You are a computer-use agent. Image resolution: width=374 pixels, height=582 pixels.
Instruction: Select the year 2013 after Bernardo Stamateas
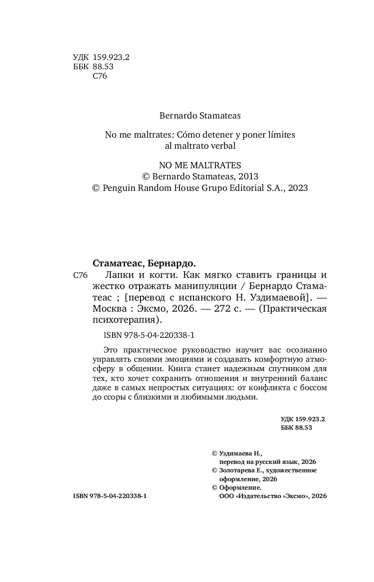pos(248,176)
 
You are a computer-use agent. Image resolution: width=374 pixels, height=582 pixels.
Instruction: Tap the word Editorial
pos(246,188)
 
